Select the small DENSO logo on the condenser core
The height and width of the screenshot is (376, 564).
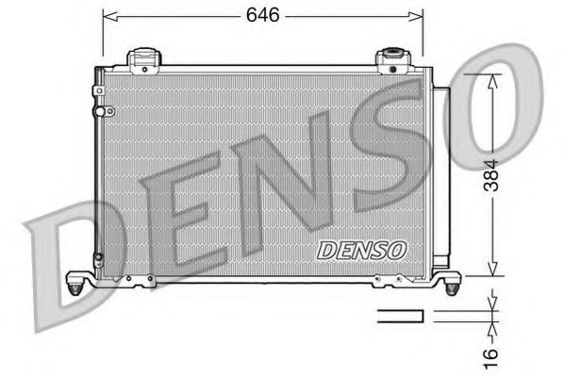pyautogui.click(x=361, y=251)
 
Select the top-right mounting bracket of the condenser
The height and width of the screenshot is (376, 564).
pyautogui.click(x=390, y=59)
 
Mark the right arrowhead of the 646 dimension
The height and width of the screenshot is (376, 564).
pyautogui.click(x=420, y=16)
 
